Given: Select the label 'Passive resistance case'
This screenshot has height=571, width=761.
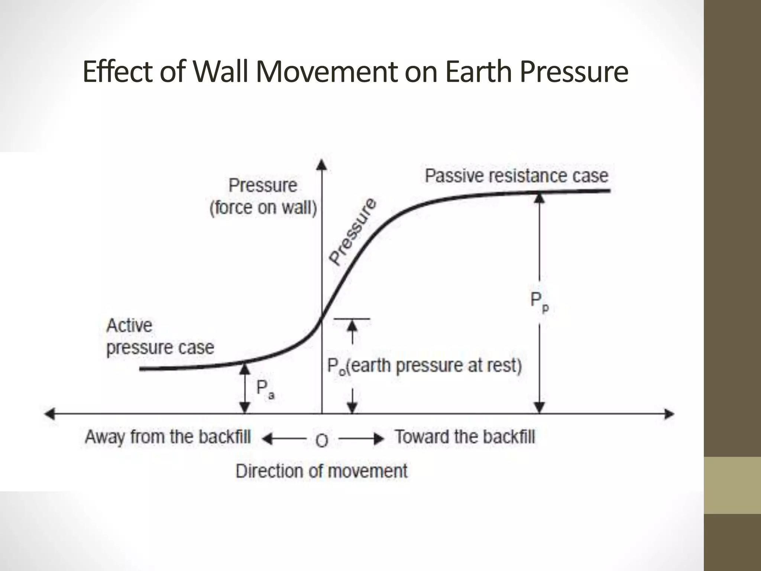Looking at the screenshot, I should (x=516, y=176).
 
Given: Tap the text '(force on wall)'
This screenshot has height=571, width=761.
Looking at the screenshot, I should (x=263, y=207).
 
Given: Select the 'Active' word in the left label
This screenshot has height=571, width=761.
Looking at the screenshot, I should (x=129, y=326).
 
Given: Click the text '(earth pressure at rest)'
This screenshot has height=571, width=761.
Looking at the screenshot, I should (x=435, y=365).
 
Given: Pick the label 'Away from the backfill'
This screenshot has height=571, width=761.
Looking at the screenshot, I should (x=168, y=436).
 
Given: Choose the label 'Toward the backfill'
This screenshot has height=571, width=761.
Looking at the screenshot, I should (x=465, y=436).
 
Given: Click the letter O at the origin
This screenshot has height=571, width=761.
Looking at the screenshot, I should (x=322, y=441).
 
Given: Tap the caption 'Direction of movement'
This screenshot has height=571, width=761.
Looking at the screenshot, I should (x=322, y=471).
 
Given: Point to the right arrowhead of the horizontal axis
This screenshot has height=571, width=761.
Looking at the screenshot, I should (x=669, y=414).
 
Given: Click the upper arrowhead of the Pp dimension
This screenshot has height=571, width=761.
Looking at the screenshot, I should (x=540, y=198).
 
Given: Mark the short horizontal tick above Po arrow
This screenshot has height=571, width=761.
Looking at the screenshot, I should (x=352, y=319).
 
